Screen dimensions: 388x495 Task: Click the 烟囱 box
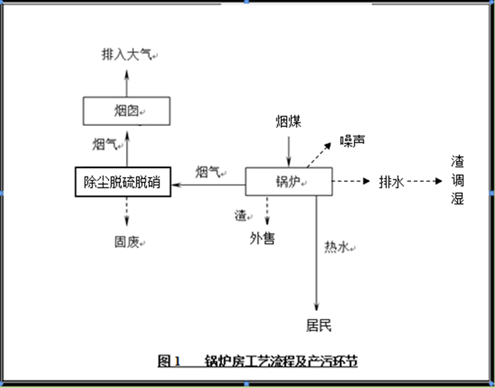[127, 111]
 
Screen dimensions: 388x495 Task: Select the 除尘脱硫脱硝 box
[123, 181]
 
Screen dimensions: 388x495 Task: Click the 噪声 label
[352, 140]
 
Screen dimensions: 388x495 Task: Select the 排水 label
[391, 181]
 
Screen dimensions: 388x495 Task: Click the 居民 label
[318, 325]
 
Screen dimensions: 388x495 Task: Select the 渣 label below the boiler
[240, 215]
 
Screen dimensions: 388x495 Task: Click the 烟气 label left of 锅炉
[209, 172]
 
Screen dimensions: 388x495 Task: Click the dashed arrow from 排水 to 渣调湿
[421, 181]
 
